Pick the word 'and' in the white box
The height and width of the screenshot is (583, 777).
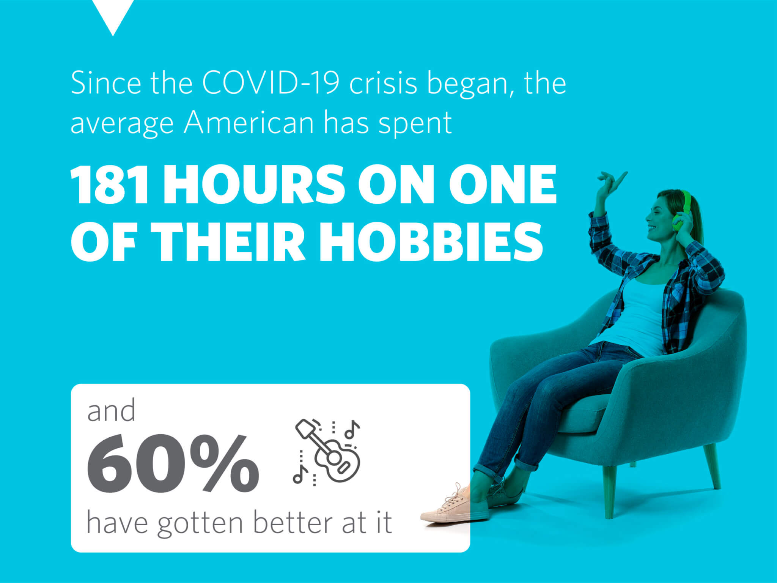(111, 411)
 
